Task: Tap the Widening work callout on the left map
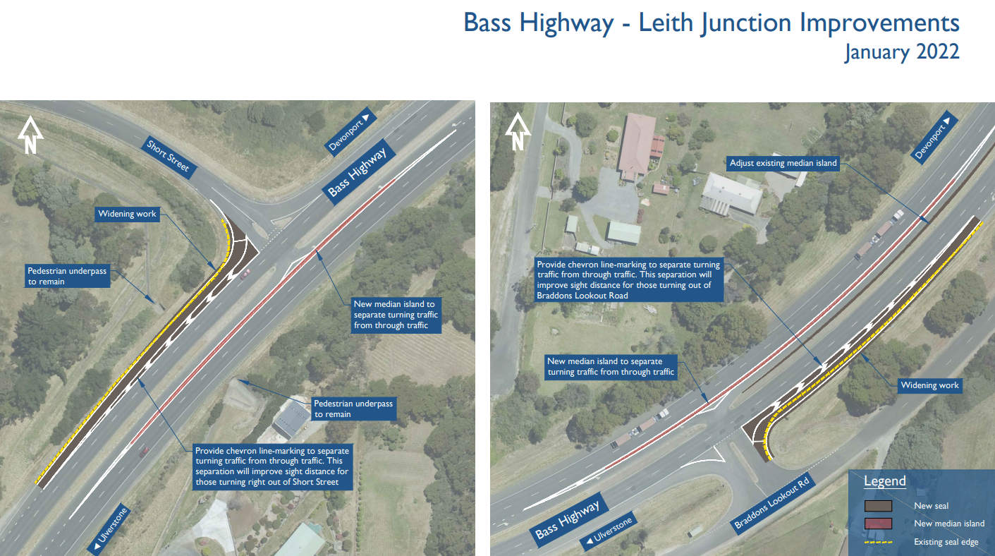click(127, 214)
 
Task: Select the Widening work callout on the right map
click(929, 385)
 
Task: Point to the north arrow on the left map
click(30, 135)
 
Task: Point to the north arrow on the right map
click(518, 131)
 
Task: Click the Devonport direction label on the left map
click(350, 131)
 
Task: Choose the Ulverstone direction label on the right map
click(608, 531)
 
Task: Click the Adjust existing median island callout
click(783, 163)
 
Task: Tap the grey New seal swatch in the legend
click(878, 506)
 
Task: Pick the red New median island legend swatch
click(878, 524)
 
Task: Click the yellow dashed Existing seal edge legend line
click(878, 542)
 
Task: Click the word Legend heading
click(884, 481)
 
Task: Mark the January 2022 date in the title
click(902, 52)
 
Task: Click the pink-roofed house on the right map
click(638, 145)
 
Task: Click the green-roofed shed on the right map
click(623, 232)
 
